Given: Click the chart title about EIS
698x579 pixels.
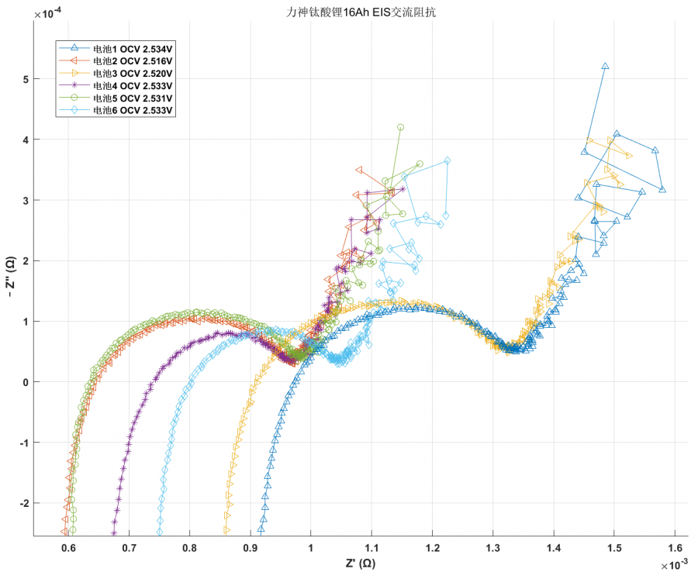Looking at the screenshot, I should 350,12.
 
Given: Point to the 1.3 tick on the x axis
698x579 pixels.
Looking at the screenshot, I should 492,546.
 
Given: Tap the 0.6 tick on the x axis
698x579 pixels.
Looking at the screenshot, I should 67,546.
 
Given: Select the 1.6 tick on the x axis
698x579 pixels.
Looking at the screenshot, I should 675,546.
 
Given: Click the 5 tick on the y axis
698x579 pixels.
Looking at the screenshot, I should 26,79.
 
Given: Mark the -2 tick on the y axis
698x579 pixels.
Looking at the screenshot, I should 23,503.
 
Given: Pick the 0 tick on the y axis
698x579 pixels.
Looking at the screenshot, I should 26,382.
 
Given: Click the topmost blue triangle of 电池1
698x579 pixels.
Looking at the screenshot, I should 605,67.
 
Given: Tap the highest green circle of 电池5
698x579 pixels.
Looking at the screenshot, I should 401,127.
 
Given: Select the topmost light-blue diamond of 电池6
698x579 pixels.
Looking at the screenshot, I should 447,160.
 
